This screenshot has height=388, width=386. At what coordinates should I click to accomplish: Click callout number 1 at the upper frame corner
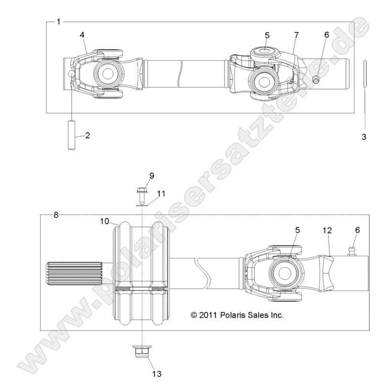coord(58,22)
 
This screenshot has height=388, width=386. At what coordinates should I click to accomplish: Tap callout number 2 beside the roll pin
coord(88,136)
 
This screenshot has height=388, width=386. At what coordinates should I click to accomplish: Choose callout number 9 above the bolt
coord(151,176)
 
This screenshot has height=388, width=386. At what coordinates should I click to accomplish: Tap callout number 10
coord(105,221)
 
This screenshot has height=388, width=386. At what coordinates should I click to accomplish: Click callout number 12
coord(327,230)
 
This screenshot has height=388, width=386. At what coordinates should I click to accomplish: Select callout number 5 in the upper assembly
coord(267,35)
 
